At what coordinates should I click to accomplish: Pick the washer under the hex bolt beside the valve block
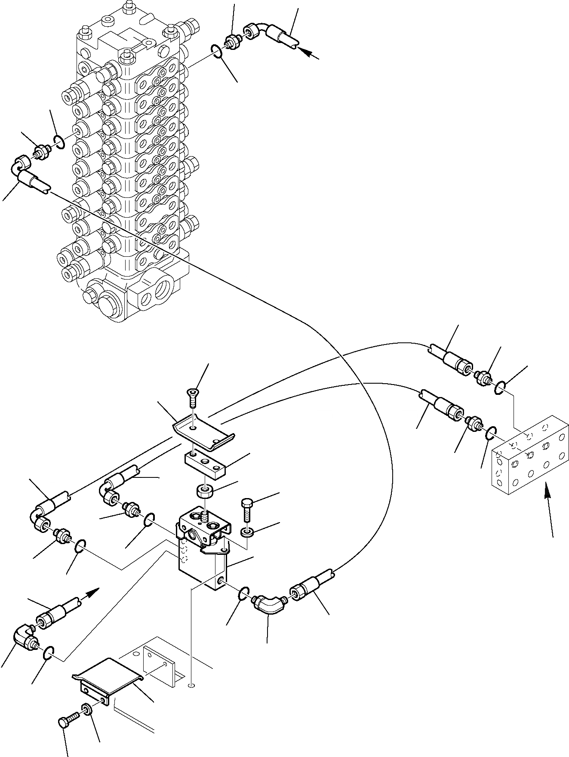coord(247,533)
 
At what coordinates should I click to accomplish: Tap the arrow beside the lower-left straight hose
coord(92,594)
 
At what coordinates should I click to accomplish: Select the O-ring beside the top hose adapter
coord(218,52)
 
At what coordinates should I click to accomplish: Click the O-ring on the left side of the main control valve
coord(59,141)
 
